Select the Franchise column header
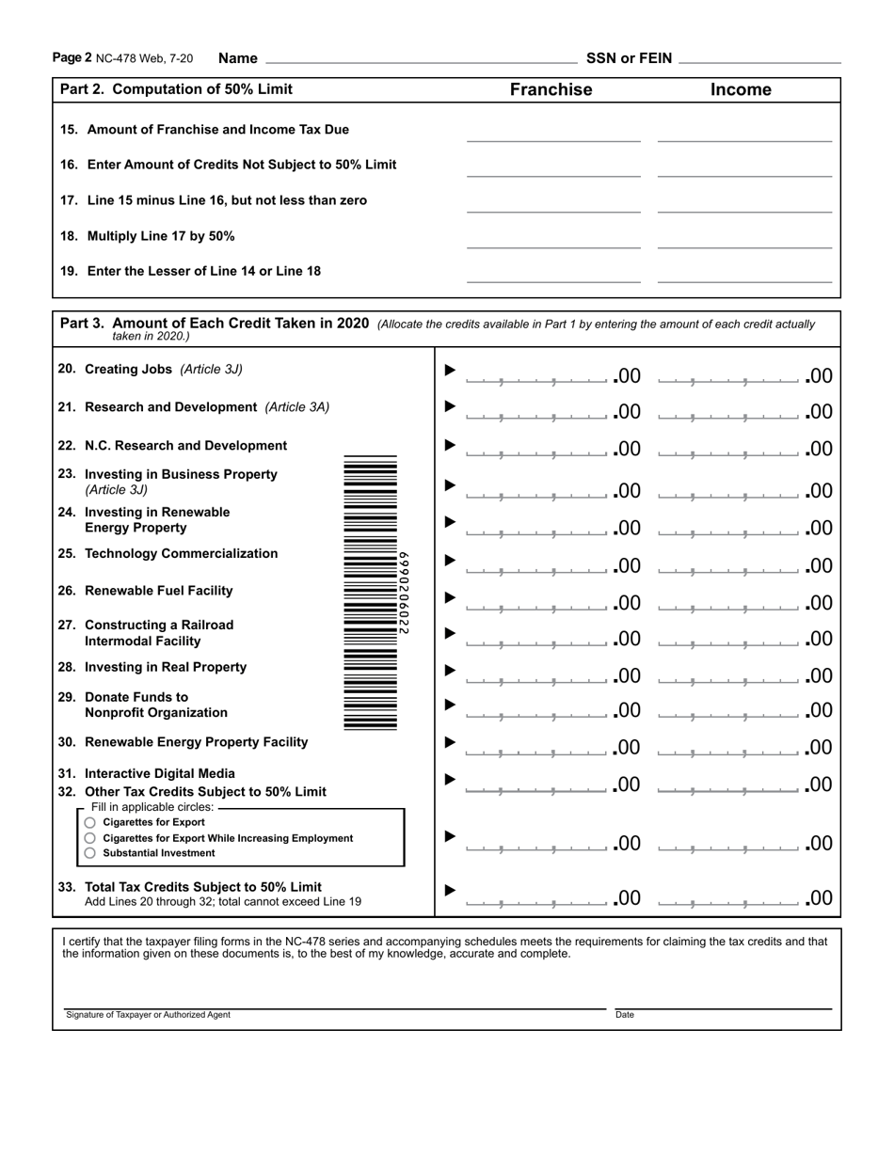click(551, 89)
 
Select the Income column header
click(741, 89)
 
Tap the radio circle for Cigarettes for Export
click(90, 822)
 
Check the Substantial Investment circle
click(90, 853)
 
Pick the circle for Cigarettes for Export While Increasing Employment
click(90, 837)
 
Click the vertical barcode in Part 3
click(371, 593)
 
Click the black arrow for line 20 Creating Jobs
click(450, 370)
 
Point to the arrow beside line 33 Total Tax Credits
click(450, 890)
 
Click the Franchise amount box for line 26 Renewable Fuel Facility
click(536, 603)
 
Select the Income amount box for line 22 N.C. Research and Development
click(729, 449)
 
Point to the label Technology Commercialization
click(181, 553)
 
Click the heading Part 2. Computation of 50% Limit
click(176, 89)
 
